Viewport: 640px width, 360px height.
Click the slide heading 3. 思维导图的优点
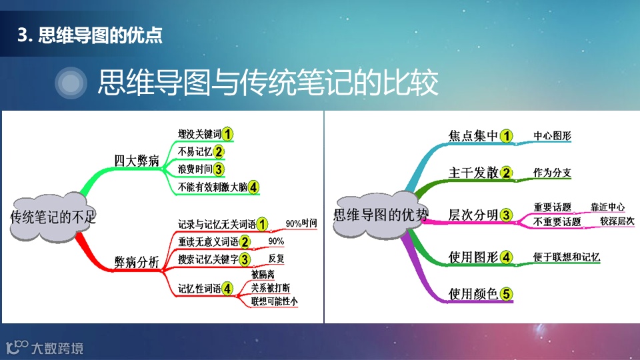tap(91, 35)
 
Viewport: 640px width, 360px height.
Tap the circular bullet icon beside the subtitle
tap(71, 83)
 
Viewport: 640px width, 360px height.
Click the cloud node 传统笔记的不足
tap(53, 217)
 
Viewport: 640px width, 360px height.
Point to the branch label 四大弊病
tap(136, 161)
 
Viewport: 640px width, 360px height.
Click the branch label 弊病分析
tap(137, 262)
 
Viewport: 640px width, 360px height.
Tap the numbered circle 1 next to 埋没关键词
tap(228, 134)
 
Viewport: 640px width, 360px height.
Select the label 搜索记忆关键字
tap(209, 259)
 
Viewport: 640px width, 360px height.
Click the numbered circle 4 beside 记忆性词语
tap(228, 289)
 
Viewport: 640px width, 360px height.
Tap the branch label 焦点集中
tap(473, 136)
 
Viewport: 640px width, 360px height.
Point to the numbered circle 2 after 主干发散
tap(507, 173)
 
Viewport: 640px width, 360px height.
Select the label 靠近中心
tap(607, 207)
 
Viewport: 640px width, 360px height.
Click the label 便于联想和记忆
tap(567, 257)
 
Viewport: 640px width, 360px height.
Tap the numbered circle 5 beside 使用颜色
tap(507, 293)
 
